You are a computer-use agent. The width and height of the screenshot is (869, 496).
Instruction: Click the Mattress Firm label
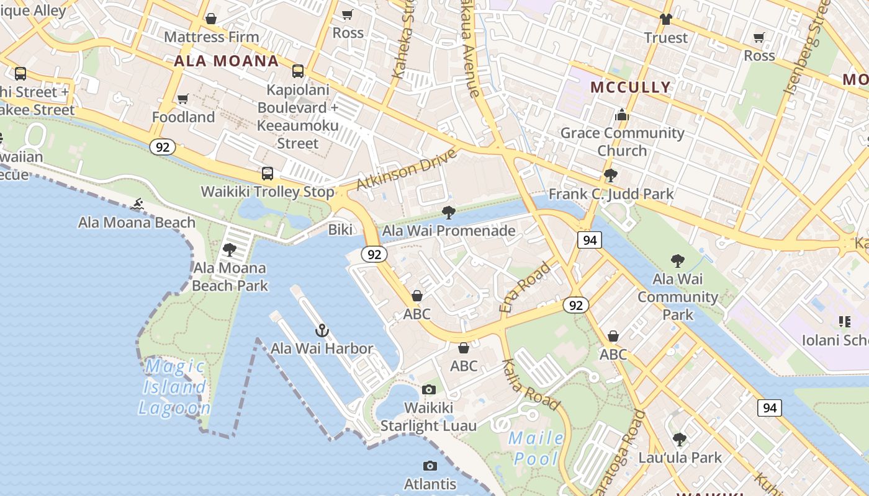coord(211,37)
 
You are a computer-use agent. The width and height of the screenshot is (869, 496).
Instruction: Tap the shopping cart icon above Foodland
coord(183,99)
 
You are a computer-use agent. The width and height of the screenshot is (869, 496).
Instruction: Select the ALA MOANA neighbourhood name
coord(226,61)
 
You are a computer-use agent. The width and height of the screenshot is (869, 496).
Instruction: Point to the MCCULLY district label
coord(631,87)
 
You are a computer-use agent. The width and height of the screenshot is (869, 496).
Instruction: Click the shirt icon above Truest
coord(666,19)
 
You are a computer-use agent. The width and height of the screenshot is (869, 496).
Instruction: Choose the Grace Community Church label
coord(622,142)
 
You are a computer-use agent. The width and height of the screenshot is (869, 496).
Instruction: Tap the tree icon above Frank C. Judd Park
coord(611,175)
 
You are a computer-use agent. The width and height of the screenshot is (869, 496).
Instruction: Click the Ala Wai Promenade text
coord(449,231)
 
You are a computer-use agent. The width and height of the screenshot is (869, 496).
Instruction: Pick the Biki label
coord(340,230)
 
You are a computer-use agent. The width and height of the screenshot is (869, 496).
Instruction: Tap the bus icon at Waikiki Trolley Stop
coord(268,174)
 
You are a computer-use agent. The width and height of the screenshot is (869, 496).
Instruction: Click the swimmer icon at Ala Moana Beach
coord(137,204)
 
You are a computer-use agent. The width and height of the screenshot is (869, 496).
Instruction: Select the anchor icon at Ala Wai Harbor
coord(322,330)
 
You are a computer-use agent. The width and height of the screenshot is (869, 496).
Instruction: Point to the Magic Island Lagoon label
coord(174,387)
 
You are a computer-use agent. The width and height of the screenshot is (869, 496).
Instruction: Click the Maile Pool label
coord(536,449)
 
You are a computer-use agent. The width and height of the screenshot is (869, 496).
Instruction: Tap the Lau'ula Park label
coord(680,458)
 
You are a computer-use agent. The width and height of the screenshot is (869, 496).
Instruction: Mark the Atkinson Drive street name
coord(406,169)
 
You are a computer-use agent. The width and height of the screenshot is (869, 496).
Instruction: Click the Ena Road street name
coord(525,287)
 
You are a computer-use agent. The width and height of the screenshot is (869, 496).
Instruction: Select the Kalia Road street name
coord(531,384)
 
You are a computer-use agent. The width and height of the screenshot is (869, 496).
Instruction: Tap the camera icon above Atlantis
coord(430,466)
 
